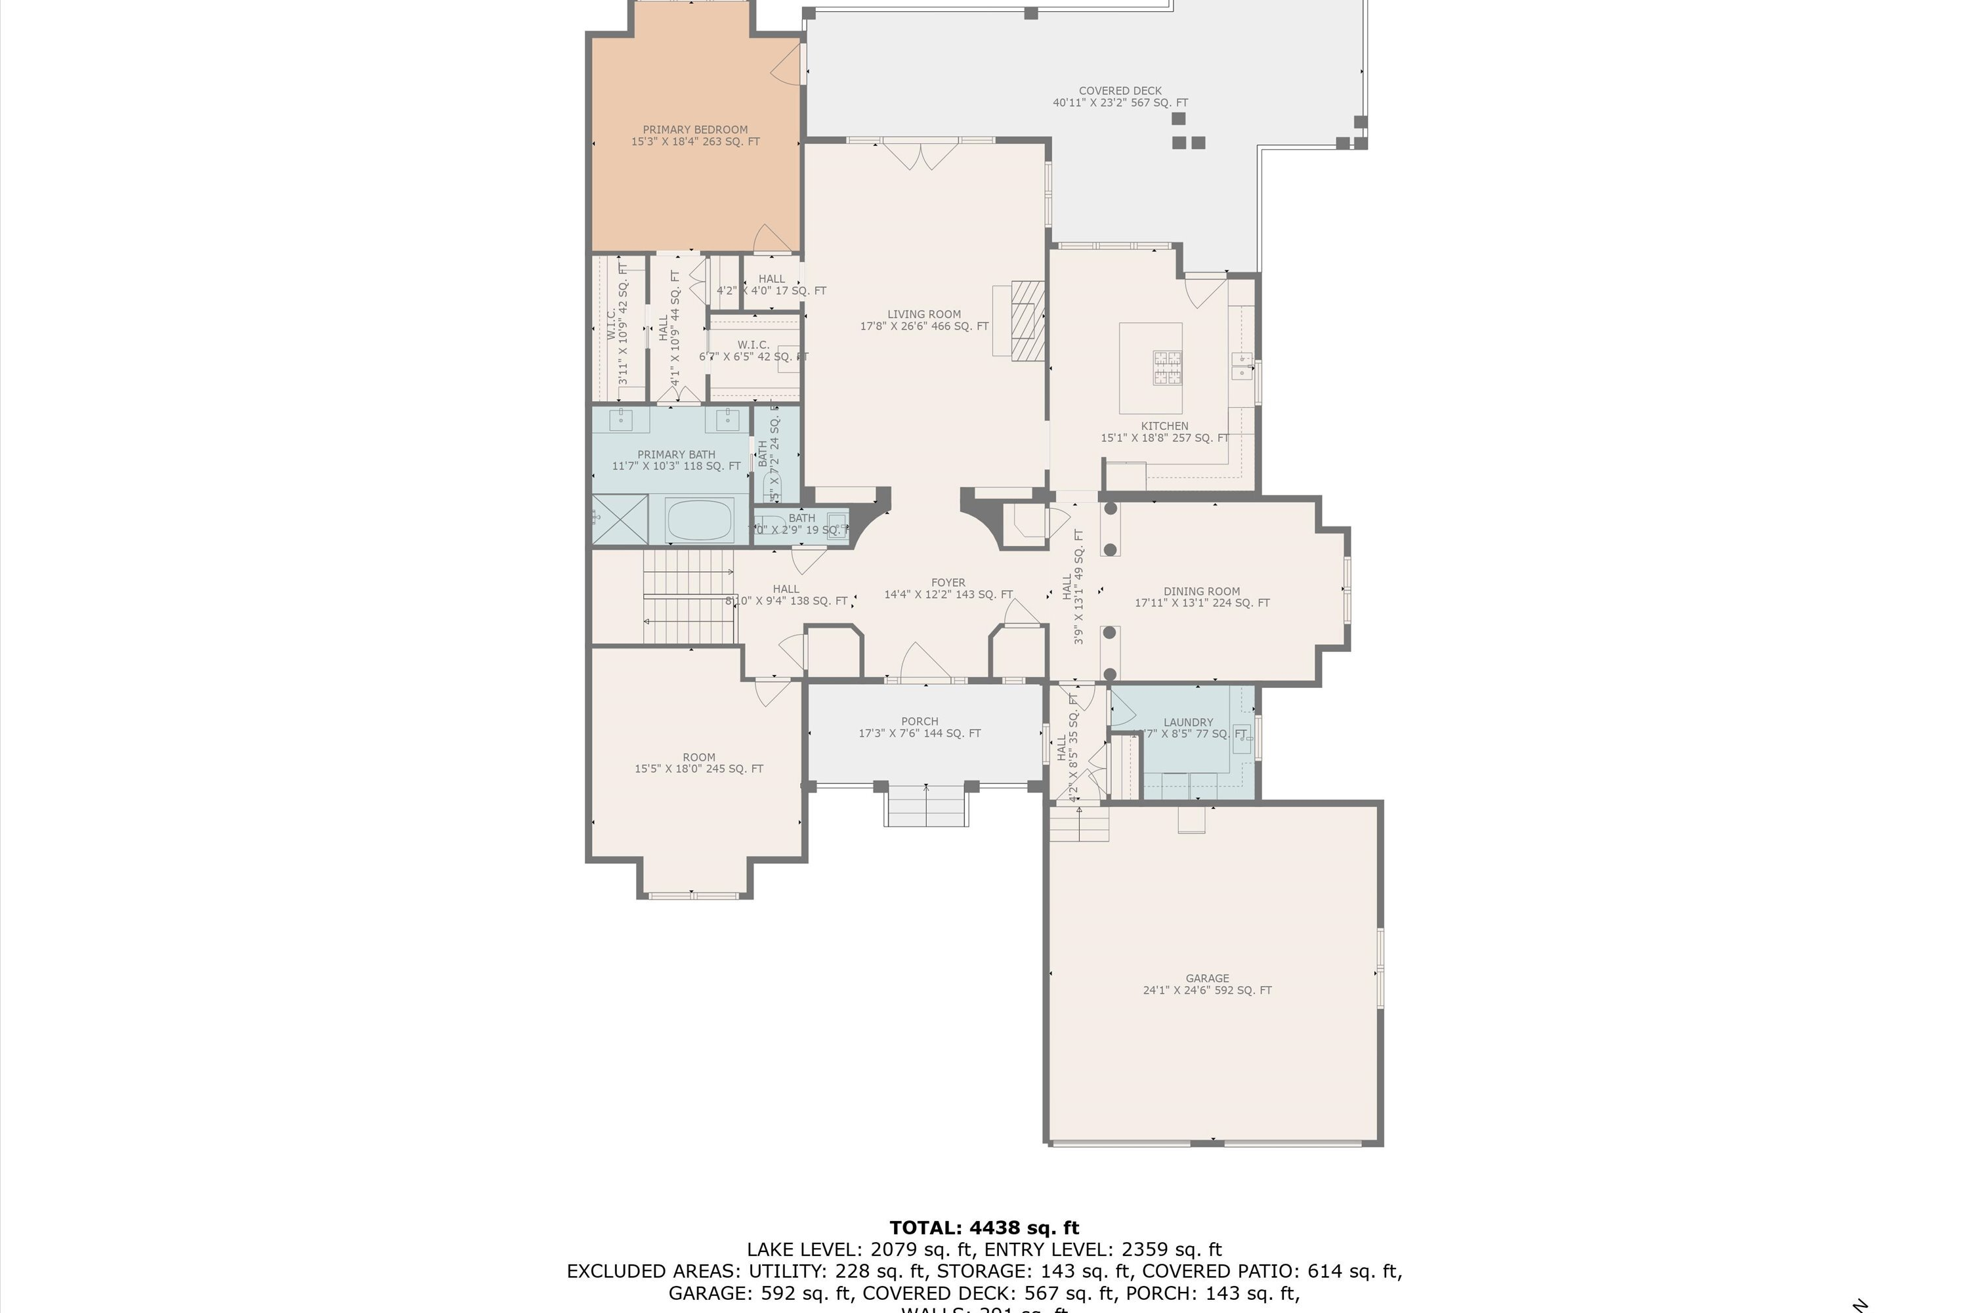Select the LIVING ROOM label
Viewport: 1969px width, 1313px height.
click(923, 320)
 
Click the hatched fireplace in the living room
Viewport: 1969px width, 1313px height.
click(1027, 320)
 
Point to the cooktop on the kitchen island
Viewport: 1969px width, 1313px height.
click(1168, 368)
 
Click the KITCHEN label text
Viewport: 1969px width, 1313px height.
click(1164, 426)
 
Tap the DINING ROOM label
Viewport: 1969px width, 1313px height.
click(1201, 596)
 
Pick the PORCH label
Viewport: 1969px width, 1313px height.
click(920, 726)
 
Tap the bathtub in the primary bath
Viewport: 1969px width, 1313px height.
click(699, 519)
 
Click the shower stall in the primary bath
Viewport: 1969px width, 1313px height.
click(620, 519)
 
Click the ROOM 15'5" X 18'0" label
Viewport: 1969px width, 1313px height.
click(698, 762)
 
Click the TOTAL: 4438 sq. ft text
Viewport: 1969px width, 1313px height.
click(984, 1228)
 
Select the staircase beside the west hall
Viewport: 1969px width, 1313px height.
click(688, 596)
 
